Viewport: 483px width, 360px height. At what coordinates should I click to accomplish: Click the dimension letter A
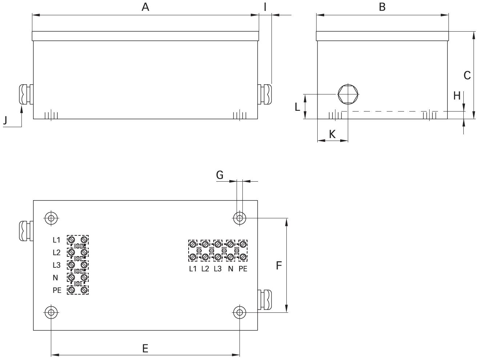145,7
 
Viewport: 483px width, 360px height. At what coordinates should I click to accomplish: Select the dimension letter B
382,7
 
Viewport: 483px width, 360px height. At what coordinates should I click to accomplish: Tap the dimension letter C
467,76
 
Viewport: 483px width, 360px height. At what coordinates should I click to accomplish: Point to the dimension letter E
145,348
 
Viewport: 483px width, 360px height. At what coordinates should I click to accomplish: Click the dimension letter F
279,266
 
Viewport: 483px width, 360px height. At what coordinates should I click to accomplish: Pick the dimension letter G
220,175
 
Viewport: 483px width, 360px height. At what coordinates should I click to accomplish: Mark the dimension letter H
457,96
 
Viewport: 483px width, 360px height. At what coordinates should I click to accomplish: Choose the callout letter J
5,120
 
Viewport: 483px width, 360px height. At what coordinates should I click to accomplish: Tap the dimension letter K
332,134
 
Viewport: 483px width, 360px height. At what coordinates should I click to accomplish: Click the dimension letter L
297,107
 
